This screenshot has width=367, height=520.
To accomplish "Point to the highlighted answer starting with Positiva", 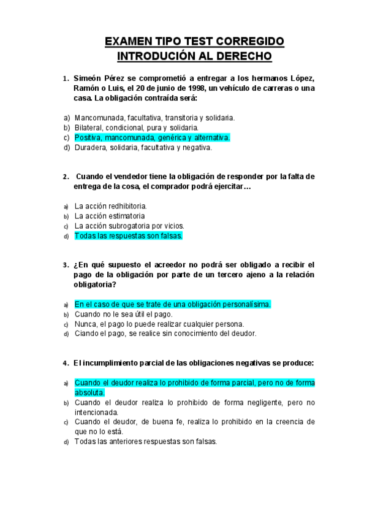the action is point(152,137).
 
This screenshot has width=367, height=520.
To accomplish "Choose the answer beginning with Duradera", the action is point(143,147).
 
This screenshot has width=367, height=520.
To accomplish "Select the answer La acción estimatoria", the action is point(110,216).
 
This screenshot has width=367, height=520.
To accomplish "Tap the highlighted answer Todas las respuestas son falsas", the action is point(129,235).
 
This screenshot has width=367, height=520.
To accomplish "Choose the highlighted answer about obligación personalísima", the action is point(172,304).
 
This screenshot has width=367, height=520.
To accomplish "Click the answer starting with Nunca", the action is point(159,324).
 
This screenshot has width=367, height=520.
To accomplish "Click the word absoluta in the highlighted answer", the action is point(90,392).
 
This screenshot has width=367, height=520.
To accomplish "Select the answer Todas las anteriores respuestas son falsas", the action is point(145,441).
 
